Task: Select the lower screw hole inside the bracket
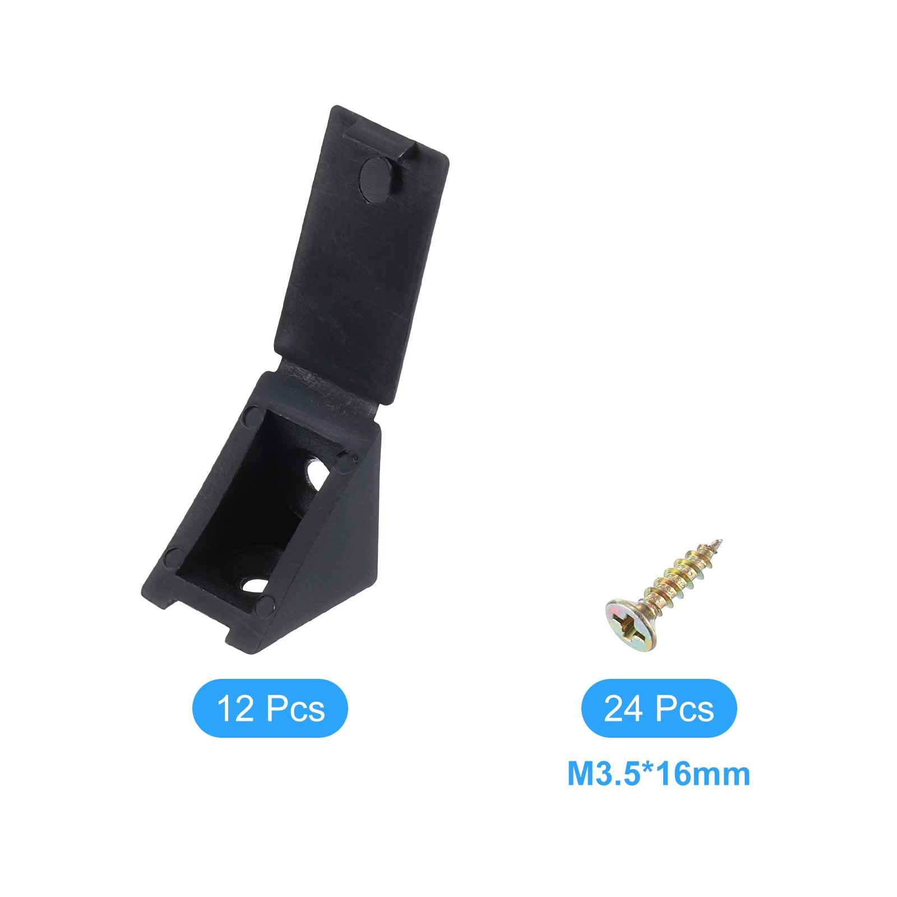click(x=255, y=585)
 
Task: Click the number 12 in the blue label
click(x=235, y=709)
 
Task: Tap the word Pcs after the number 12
click(x=295, y=709)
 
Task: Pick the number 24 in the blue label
click(x=624, y=709)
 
